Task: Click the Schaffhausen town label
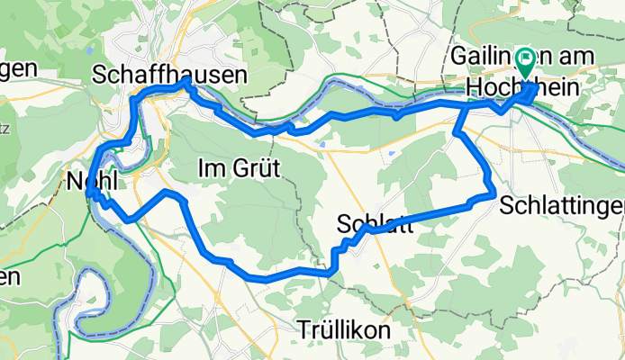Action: [169, 78]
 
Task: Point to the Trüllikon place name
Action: [347, 331]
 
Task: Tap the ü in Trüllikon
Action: [327, 331]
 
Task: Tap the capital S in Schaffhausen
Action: [99, 78]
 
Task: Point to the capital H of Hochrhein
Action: [475, 88]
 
